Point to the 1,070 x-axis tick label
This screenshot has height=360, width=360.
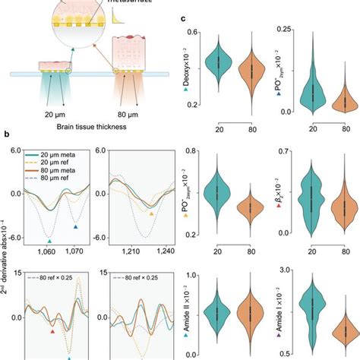pyautogui.click(x=76, y=249)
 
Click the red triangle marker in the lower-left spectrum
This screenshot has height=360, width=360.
pyautogui.click(x=52, y=331)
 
